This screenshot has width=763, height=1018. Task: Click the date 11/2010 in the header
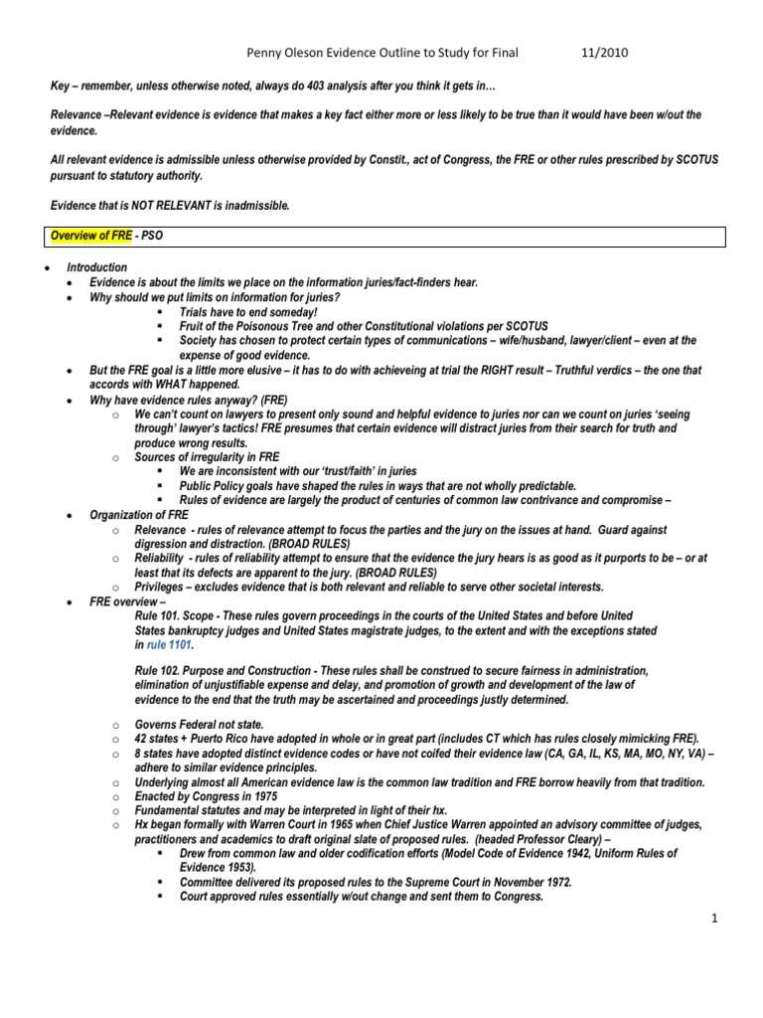tap(599, 53)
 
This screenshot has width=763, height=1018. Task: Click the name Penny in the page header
tap(264, 53)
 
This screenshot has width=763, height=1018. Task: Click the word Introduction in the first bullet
tap(96, 267)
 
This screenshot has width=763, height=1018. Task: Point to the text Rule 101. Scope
tap(171, 616)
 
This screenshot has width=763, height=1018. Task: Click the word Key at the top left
tap(61, 85)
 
